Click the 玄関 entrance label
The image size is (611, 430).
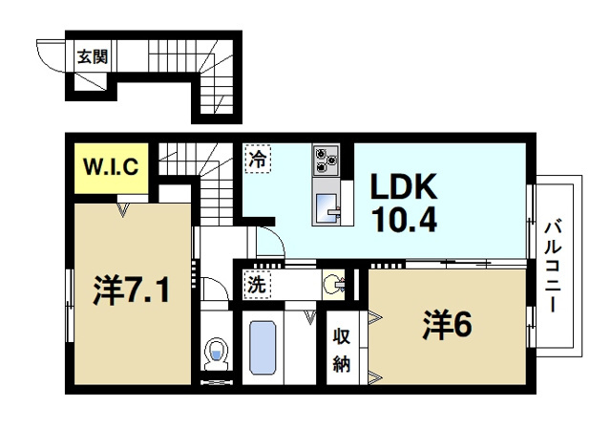pyautogui.click(x=93, y=55)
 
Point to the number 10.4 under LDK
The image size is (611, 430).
pyautogui.click(x=398, y=222)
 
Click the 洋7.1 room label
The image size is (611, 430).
pyautogui.click(x=133, y=289)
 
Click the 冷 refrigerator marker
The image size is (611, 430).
pyautogui.click(x=256, y=158)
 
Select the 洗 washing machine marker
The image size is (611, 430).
pyautogui.click(x=256, y=284)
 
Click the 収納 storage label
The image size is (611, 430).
pyautogui.click(x=342, y=350)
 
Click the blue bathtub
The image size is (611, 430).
pyautogui.click(x=263, y=348)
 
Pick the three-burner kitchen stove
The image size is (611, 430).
pyautogui.click(x=326, y=159)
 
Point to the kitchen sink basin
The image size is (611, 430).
pyautogui.click(x=325, y=202)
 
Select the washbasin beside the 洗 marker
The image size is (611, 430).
pyautogui.click(x=332, y=284)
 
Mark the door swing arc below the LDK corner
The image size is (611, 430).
pyautogui.click(x=267, y=243)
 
